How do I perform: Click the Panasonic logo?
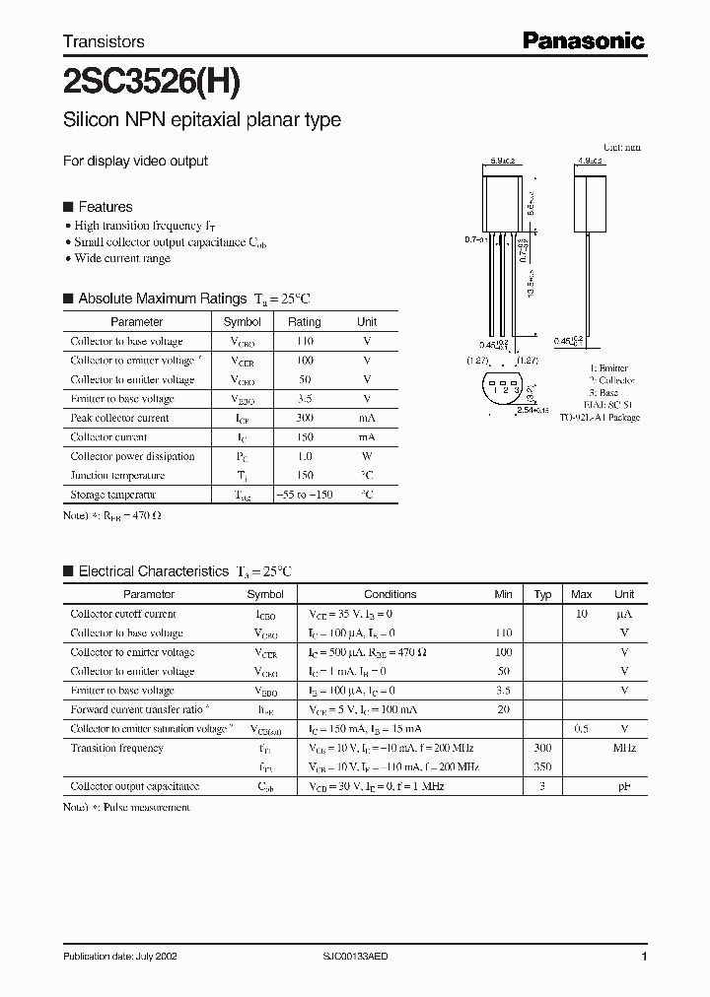point(583,40)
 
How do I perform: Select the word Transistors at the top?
point(104,41)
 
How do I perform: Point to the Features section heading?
point(105,207)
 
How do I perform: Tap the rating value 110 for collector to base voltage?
point(304,341)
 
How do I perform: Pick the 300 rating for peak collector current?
point(304,418)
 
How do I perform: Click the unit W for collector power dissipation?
point(367,456)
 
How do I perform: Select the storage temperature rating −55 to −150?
point(304,495)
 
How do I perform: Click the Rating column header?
point(304,322)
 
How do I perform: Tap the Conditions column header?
point(390,594)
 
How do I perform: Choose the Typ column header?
point(542,594)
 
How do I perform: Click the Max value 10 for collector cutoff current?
point(582,614)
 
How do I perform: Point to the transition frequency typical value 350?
point(542,766)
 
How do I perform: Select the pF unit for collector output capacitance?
point(624,786)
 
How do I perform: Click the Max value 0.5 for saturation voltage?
point(582,729)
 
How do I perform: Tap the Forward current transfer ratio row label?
point(137,709)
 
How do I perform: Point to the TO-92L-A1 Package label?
point(600,417)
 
